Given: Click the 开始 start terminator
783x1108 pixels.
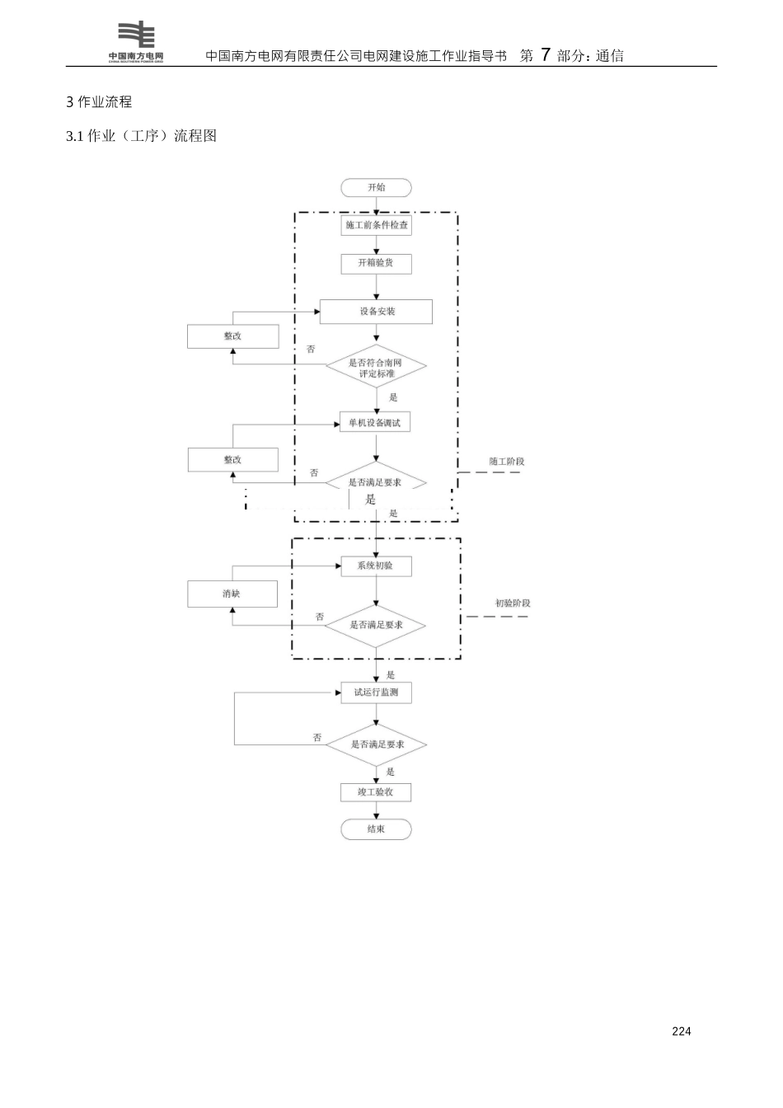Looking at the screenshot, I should pos(376,188).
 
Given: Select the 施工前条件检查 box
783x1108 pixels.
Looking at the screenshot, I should pos(376,225).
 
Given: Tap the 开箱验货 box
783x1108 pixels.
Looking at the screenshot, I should pos(376,263).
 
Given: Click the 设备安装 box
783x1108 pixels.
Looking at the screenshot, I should pos(376,312).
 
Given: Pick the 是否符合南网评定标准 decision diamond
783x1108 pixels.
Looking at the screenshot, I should pos(376,368).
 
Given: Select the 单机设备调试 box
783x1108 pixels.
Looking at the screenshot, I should pos(375,423).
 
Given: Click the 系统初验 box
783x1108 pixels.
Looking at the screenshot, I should pos(376,566).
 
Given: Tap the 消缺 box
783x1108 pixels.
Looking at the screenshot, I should pos(232,594).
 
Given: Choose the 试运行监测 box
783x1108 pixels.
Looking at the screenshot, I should pos(376,692).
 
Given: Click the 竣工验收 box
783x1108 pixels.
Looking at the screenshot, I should pos(376,792).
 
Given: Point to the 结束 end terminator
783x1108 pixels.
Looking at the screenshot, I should pos(376,829).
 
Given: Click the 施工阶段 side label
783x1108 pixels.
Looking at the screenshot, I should pos(507,462).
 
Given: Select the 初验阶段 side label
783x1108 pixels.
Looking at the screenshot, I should pos(513,603).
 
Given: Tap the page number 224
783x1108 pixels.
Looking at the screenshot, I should pos(682,1031).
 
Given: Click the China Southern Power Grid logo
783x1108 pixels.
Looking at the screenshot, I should pos(136,42).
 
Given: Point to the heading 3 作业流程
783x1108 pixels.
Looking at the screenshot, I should pos(99,102).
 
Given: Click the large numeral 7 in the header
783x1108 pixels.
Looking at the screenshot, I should pos(545,55).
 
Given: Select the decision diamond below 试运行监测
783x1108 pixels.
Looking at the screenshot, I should pos(376,744).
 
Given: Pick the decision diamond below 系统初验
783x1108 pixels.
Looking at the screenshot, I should pos(376,626).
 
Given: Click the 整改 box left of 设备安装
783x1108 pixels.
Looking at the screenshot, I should pos(232,336).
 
